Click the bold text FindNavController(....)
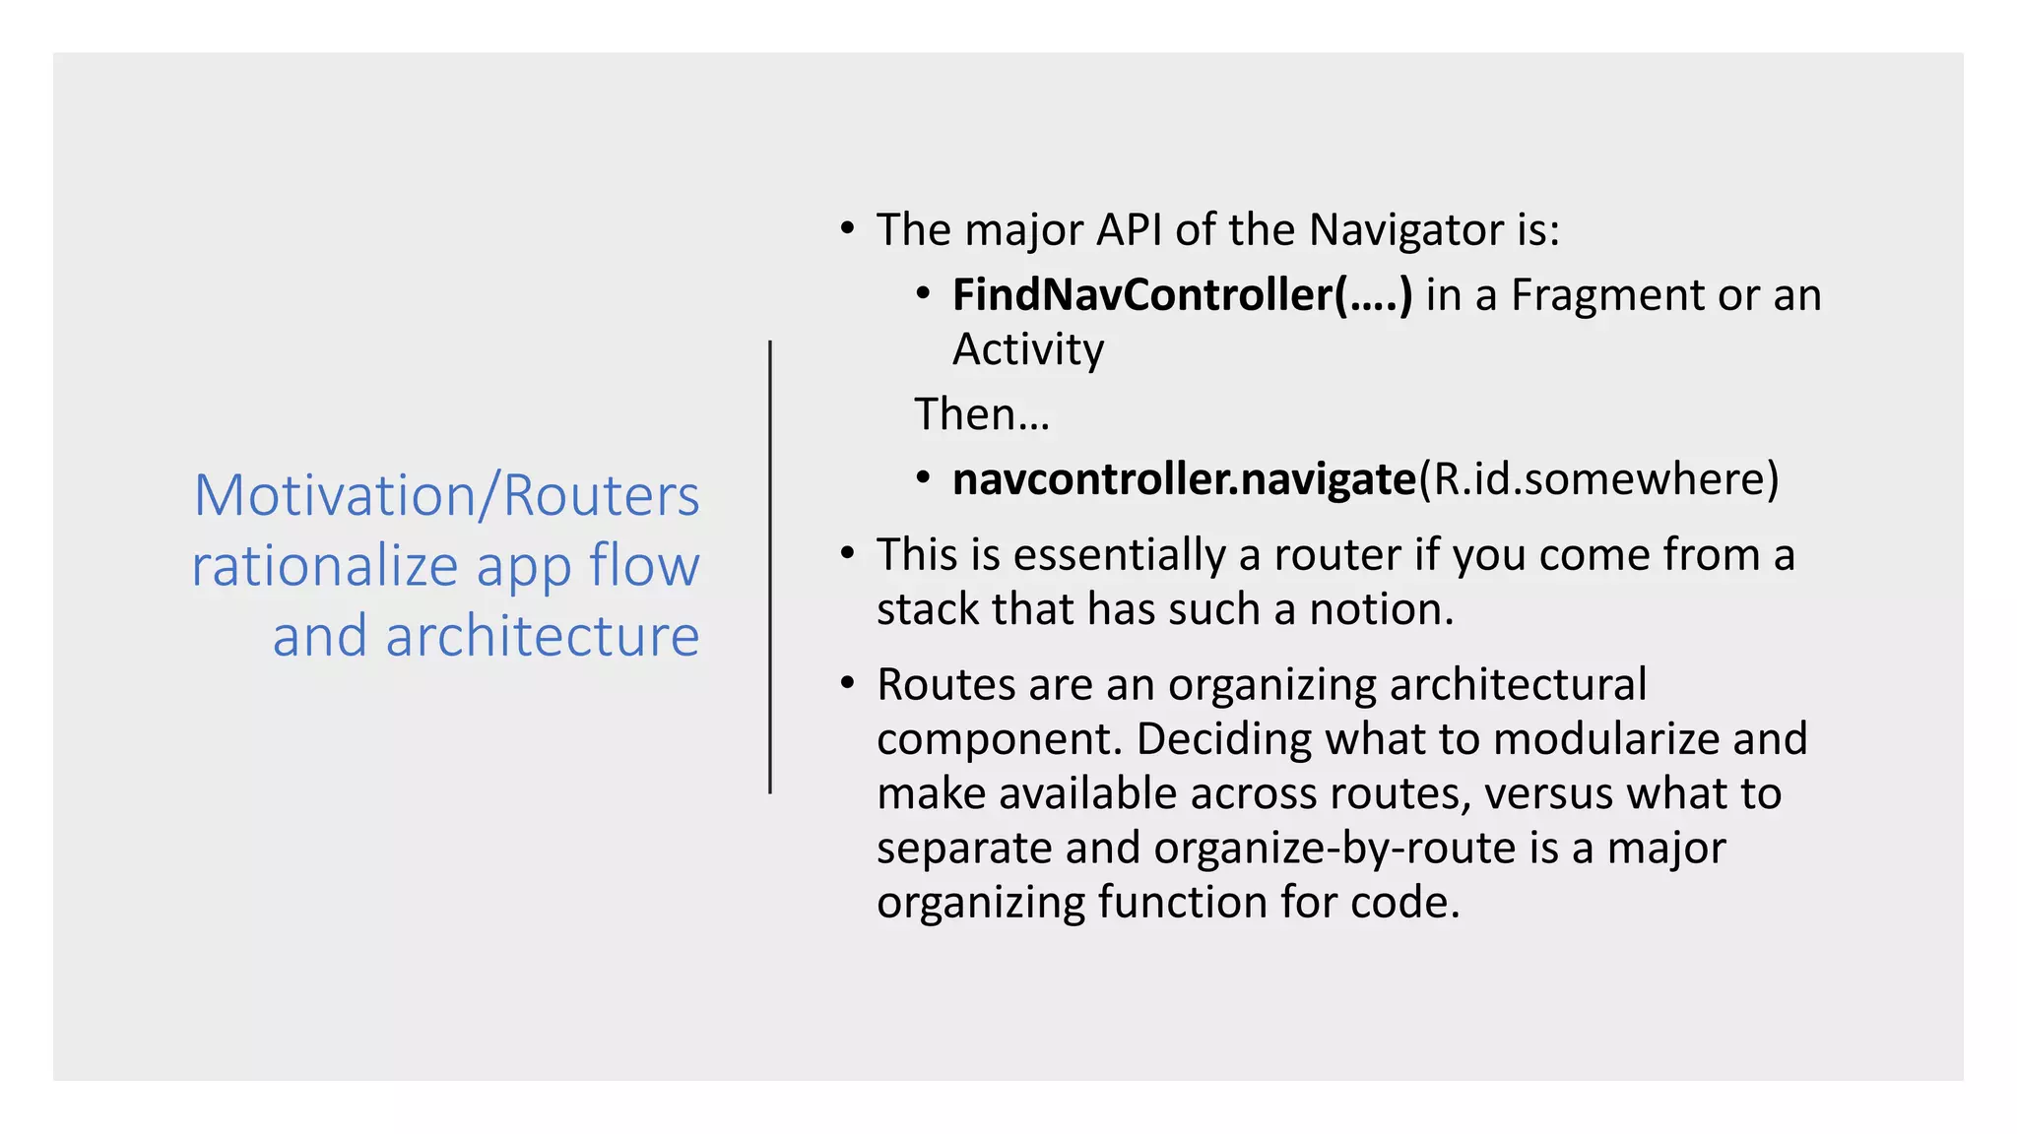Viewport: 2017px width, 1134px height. (x=1182, y=295)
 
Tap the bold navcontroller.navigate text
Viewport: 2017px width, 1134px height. (x=1184, y=479)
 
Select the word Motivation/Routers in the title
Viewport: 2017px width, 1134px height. (x=446, y=495)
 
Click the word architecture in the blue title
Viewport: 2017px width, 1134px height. (x=542, y=636)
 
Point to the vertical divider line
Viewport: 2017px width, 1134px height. (x=770, y=567)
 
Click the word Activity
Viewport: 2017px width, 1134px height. (x=1028, y=349)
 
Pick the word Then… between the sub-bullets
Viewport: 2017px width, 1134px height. (x=982, y=414)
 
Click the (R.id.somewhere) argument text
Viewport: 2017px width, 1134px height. (x=1598, y=479)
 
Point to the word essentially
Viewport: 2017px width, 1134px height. (x=1120, y=555)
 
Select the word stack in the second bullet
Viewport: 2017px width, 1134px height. (x=928, y=609)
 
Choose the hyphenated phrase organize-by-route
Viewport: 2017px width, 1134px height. (x=1334, y=849)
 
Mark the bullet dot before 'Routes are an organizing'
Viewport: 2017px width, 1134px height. (x=847, y=682)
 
